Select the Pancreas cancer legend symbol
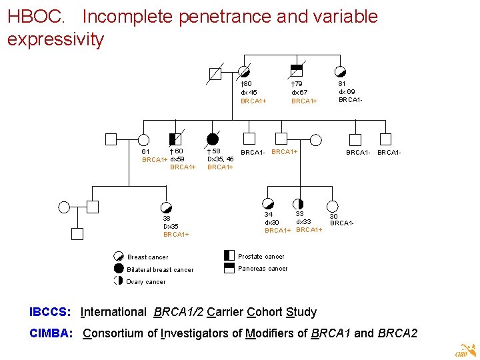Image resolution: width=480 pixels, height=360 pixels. point(229,268)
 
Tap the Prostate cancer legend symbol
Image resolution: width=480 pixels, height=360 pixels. point(229,255)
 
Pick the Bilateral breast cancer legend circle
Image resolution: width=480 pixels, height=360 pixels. point(119,269)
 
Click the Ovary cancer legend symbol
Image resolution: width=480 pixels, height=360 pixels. point(119,281)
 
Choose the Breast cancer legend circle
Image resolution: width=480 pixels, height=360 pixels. point(119,257)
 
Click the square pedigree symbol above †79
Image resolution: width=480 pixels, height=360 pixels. point(297,71)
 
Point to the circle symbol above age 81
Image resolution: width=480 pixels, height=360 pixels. point(340,71)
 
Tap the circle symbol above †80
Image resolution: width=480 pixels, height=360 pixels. point(244,71)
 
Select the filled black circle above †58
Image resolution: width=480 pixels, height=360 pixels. point(213,139)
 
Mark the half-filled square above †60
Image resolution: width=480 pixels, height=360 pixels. point(175,139)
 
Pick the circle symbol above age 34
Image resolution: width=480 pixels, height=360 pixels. point(268,203)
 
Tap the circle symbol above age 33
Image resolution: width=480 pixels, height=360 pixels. point(298,203)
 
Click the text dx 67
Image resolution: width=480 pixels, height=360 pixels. point(299,92)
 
